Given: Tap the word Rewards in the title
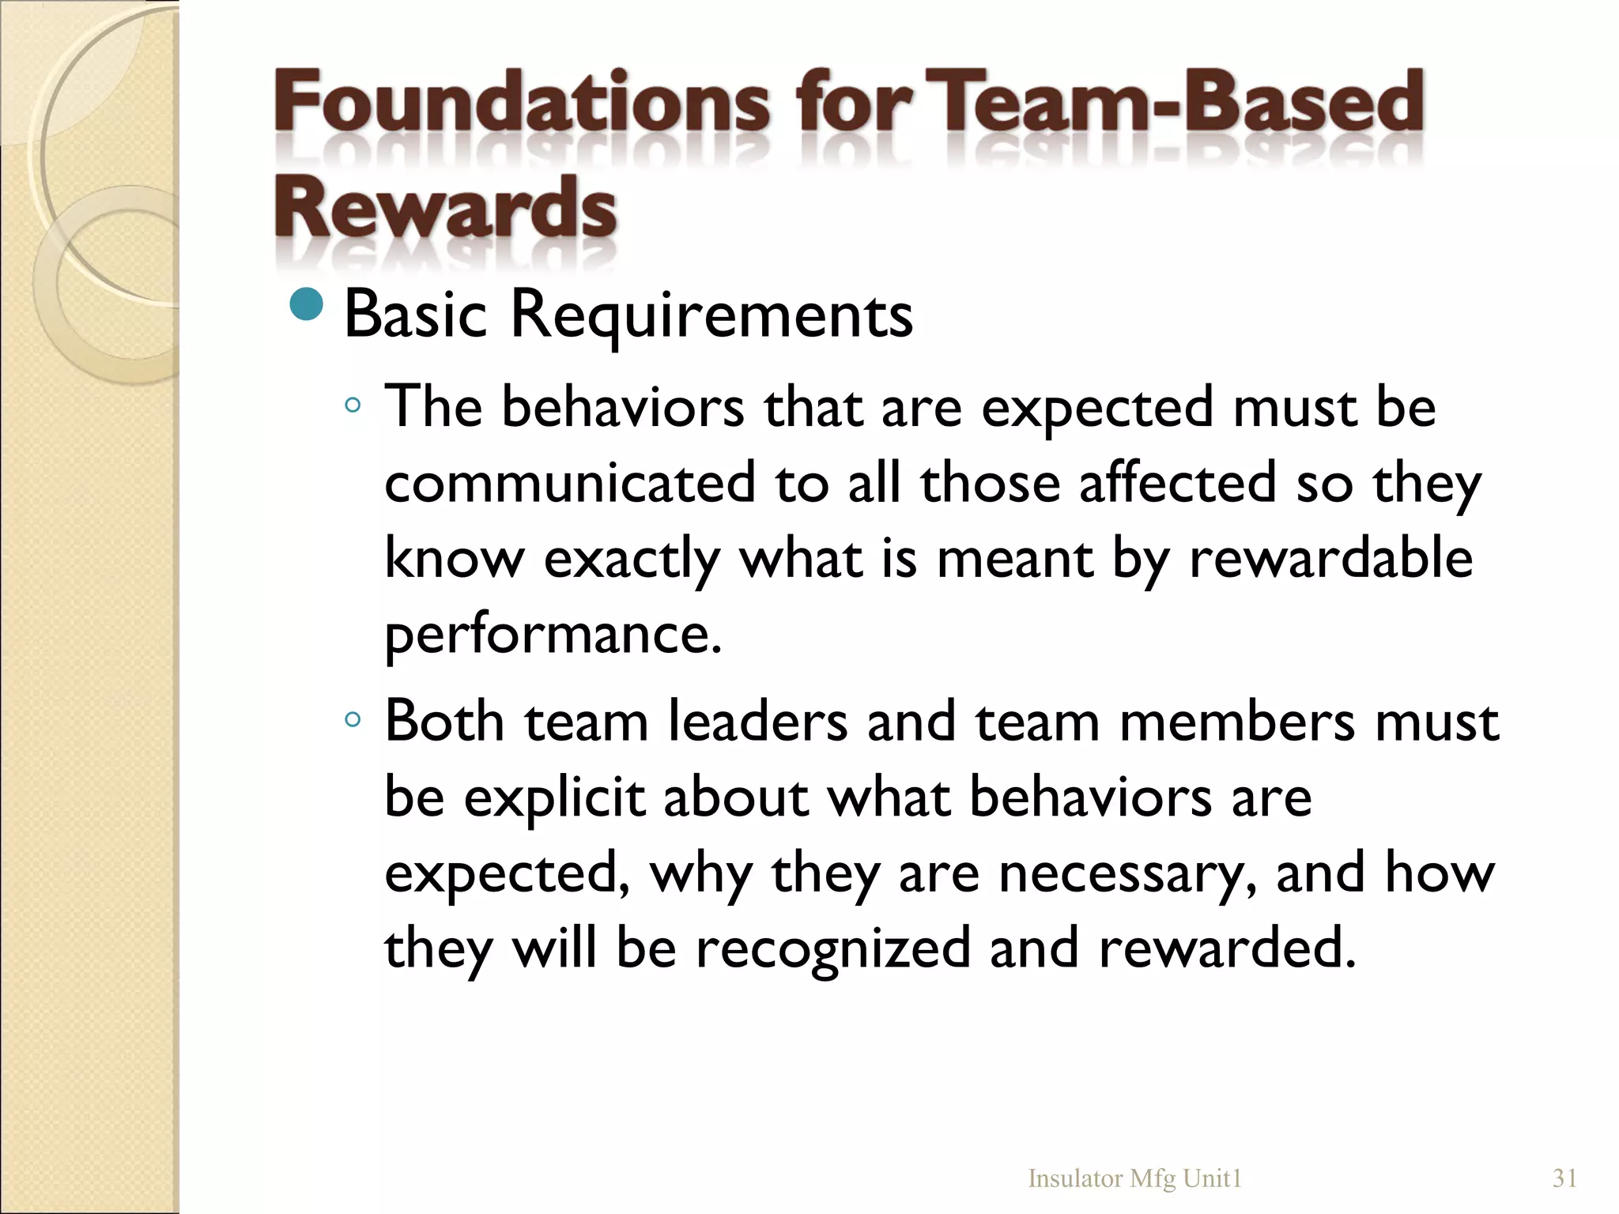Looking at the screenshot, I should click(445, 207).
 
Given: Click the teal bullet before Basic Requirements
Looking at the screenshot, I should click(307, 305).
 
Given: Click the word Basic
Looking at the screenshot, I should click(416, 315).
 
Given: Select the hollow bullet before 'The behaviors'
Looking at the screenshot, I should click(353, 406).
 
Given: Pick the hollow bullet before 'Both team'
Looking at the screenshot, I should click(353, 719).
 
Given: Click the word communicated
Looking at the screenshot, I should click(570, 483).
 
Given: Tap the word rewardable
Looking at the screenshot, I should click(1330, 558).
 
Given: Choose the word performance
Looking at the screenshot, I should click(553, 635).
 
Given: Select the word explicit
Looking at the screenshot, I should click(554, 797).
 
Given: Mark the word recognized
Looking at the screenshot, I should click(832, 948).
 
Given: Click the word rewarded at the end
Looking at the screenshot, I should click(1227, 948).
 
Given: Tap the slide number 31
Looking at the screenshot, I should click(1564, 1178).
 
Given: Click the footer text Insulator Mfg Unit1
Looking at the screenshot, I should click(1134, 1178).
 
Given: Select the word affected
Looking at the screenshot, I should click(1178, 483).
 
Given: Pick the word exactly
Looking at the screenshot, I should click(632, 560).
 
